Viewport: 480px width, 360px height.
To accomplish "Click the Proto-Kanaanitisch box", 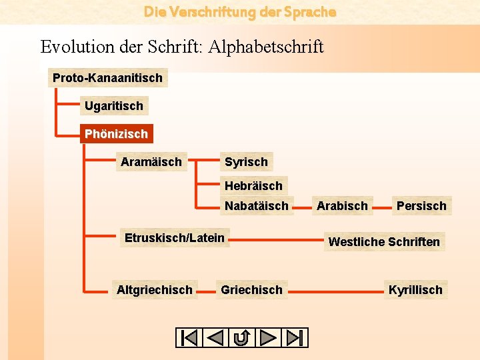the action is (107, 78).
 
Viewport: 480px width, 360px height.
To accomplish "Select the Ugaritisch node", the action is (113, 106).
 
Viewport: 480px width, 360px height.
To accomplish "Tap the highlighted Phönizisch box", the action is (116, 134).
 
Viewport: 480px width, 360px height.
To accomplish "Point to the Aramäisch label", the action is (151, 162).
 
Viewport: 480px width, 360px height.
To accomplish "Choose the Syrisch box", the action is (246, 162).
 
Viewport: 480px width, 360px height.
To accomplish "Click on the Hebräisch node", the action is (253, 186).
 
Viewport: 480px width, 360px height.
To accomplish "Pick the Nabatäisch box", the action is (257, 206).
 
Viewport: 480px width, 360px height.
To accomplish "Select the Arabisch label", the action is (342, 206).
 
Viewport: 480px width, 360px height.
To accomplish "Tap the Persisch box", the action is (421, 206).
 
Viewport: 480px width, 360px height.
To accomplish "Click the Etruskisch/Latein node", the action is (175, 238).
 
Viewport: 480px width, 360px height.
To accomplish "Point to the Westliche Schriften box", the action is (384, 242).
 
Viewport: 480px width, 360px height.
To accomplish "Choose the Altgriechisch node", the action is (154, 290).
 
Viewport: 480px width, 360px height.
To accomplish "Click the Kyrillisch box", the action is (415, 290).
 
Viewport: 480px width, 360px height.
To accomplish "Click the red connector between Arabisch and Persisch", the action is (382, 207).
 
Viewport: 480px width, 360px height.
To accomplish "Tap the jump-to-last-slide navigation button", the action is (295, 338).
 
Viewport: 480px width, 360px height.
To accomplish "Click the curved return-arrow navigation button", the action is (241, 338).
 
